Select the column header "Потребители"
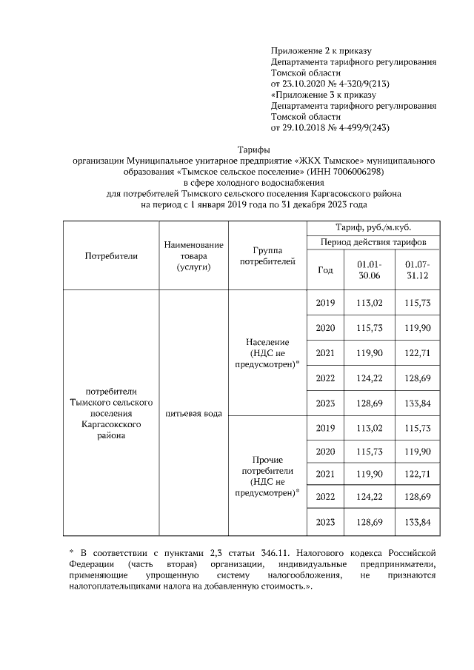[112, 255]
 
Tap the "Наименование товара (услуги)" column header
[194, 255]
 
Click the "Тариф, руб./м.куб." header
[373, 227]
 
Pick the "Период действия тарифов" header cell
[373, 242]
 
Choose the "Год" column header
[325, 270]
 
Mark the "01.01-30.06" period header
[368, 270]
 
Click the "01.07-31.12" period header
[418, 270]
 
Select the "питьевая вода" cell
[194, 412]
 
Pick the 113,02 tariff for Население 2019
[368, 303]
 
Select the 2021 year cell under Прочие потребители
[325, 473]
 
